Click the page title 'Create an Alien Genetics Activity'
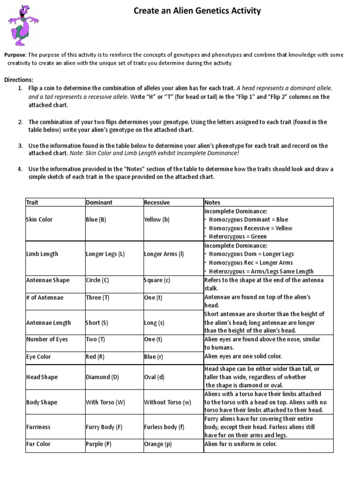click(x=197, y=11)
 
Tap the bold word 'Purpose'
click(x=15, y=55)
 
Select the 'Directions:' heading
click(x=19, y=80)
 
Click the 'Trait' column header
click(x=32, y=202)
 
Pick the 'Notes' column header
click(x=212, y=202)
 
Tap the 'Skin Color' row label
click(x=39, y=219)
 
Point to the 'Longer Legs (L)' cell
click(x=105, y=254)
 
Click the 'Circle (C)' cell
click(x=97, y=280)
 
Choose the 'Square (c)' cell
click(x=157, y=280)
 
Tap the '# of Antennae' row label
click(x=45, y=298)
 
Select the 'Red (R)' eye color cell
click(x=95, y=357)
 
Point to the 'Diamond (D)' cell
click(x=101, y=377)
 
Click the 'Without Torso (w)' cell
click(x=167, y=402)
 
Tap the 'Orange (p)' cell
click(x=157, y=444)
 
